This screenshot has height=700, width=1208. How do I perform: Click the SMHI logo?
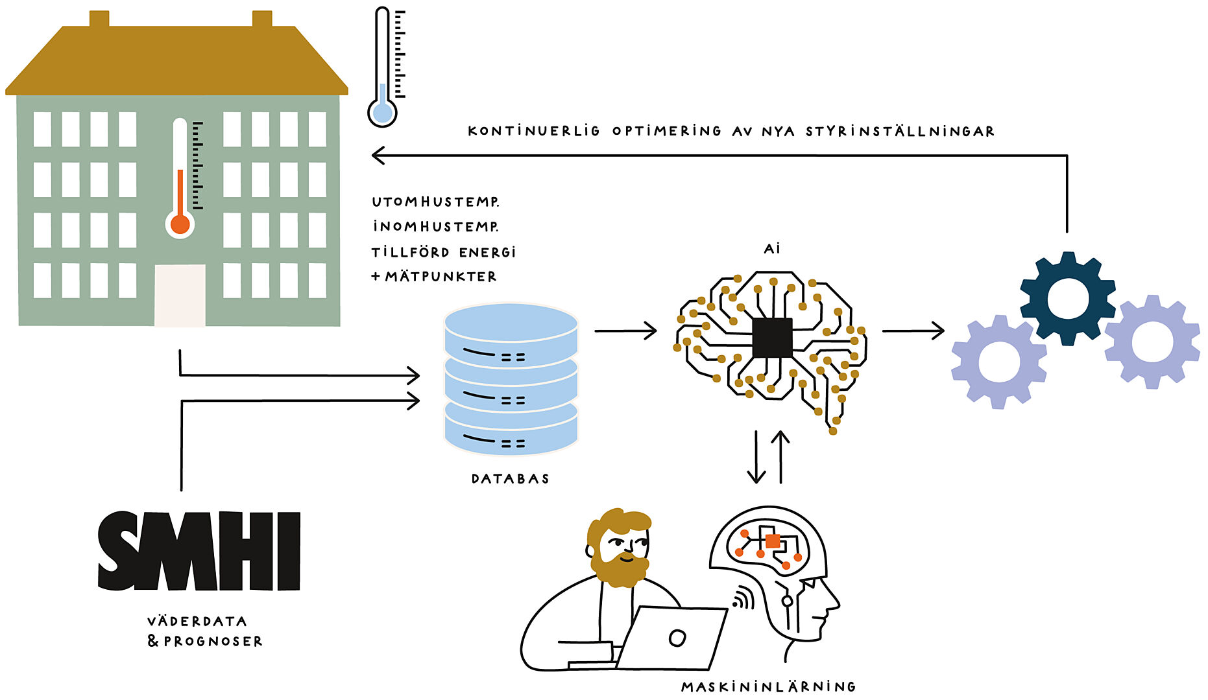(199, 551)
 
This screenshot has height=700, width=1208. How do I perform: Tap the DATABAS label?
(510, 479)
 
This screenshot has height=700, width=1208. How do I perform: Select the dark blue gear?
(1067, 298)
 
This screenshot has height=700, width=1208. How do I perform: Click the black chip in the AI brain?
(772, 337)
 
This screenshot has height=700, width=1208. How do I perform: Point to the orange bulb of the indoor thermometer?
(180, 224)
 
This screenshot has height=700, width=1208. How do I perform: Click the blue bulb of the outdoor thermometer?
(382, 113)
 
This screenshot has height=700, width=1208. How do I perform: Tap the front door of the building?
(180, 296)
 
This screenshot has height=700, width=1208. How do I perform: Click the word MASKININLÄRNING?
(769, 687)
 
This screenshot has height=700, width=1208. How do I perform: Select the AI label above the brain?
(772, 248)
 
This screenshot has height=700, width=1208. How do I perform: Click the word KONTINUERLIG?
(533, 131)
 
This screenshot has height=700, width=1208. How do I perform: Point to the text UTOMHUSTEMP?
(435, 202)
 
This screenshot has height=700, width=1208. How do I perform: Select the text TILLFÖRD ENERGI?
(444, 252)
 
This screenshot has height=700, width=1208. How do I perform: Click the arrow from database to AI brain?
(625, 331)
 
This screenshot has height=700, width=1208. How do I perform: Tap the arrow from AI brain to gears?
(913, 331)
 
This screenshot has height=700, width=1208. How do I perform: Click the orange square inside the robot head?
(772, 541)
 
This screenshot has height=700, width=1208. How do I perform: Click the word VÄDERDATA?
(197, 622)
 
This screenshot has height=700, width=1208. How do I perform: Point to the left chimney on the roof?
(99, 19)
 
